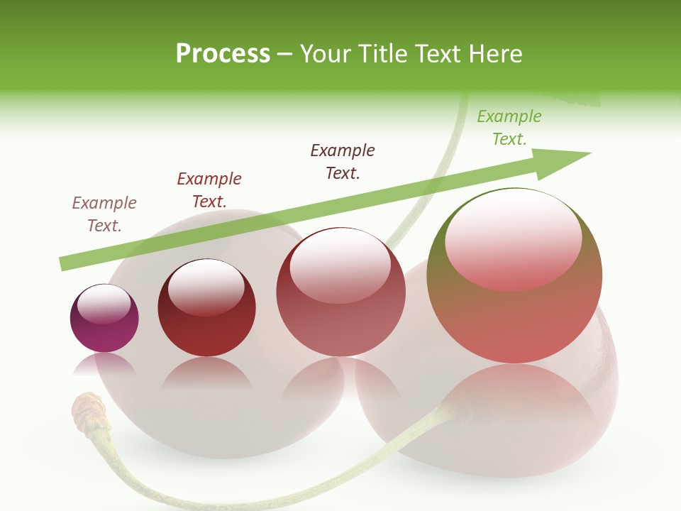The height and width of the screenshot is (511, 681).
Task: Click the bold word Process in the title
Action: (x=223, y=54)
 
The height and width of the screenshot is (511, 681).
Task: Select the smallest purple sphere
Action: (x=104, y=319)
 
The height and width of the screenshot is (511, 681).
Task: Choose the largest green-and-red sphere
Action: (x=514, y=277)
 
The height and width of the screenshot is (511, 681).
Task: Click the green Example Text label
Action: (x=509, y=128)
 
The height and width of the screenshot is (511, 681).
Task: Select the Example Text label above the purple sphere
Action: (x=104, y=214)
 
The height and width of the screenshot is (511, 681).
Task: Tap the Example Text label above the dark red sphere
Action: (x=209, y=190)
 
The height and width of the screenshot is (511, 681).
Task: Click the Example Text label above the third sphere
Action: (x=343, y=162)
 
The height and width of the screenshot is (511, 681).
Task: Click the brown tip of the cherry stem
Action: (x=87, y=411)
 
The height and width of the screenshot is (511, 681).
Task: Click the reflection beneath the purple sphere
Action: (x=104, y=365)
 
